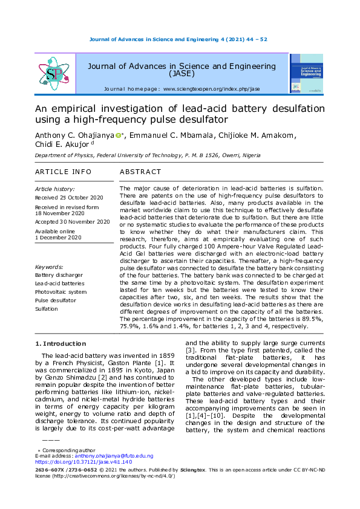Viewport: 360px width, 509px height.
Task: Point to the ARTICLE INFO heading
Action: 63,172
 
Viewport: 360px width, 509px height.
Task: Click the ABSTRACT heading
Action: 140,172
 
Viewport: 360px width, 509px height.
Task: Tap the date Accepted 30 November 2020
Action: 72,222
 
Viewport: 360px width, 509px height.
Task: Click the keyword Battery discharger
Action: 60,274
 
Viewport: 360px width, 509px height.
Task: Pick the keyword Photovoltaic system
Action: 61,291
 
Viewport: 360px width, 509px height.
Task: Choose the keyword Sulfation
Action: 47,308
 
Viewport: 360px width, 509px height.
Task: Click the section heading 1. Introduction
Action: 61,343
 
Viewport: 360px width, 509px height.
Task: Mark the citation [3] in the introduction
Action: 189,350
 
